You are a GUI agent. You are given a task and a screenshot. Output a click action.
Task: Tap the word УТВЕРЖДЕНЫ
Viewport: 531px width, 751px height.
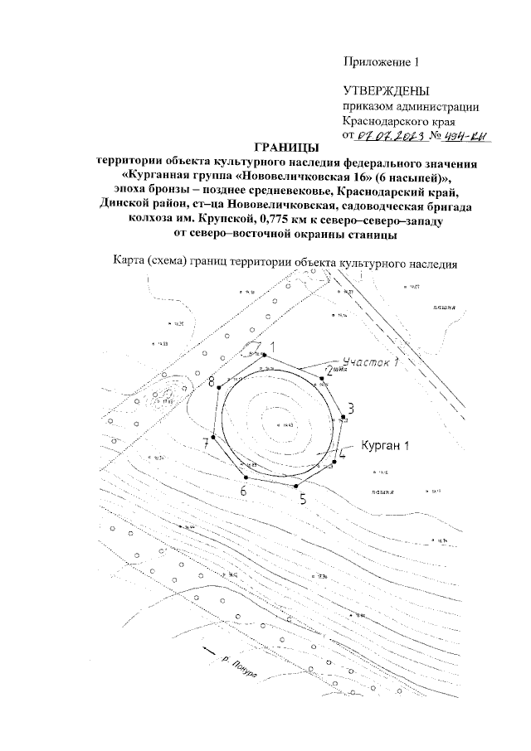[386, 90]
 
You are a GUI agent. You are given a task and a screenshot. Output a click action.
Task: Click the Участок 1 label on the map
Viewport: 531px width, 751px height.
[370, 363]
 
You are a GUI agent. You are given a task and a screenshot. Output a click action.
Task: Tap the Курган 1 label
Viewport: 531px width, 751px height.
[386, 445]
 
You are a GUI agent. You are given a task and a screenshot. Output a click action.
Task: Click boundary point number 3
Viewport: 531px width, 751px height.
[351, 407]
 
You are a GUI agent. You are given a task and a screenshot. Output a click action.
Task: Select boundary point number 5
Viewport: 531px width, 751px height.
[303, 499]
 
